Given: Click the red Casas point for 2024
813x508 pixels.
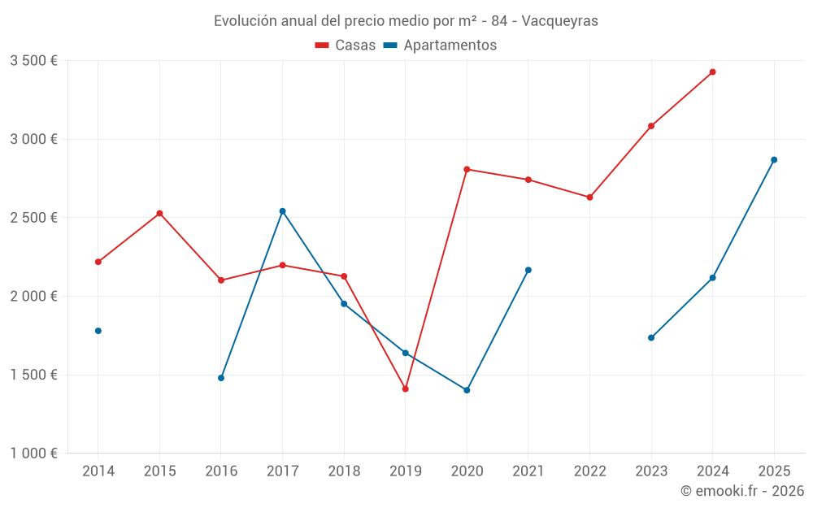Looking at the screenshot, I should pyautogui.click(x=712, y=72).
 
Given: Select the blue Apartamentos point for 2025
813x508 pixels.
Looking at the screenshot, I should pyautogui.click(x=774, y=160).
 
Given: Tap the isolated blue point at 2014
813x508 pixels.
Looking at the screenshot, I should pyautogui.click(x=98, y=331).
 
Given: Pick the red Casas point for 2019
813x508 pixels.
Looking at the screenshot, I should pyautogui.click(x=405, y=389).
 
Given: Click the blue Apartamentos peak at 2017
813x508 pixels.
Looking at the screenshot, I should pyautogui.click(x=282, y=211).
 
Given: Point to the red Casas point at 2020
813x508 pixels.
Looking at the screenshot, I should pyautogui.click(x=467, y=169).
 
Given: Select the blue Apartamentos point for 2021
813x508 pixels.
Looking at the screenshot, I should pyautogui.click(x=528, y=270).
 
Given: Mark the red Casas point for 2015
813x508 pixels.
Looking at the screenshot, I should pyautogui.click(x=159, y=214).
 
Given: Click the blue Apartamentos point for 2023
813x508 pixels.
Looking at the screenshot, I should pyautogui.click(x=651, y=337).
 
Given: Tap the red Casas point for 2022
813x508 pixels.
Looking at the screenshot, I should pyautogui.click(x=589, y=198).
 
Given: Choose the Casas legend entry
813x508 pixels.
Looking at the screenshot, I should pyautogui.click(x=346, y=46).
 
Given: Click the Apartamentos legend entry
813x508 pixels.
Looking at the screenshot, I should pyautogui.click(x=440, y=46).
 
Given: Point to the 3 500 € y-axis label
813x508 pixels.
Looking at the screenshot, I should pyautogui.click(x=33, y=61).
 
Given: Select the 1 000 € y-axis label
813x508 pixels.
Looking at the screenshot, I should pyautogui.click(x=33, y=454).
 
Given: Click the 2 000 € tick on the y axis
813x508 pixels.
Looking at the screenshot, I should pyautogui.click(x=33, y=297).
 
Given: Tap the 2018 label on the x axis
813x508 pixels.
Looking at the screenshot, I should pyautogui.click(x=344, y=471).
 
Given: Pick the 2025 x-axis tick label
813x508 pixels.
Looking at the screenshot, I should pyautogui.click(x=774, y=471).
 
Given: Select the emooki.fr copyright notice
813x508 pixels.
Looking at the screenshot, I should pyautogui.click(x=742, y=491).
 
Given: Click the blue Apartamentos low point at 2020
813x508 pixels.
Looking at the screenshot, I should pyautogui.click(x=467, y=390).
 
